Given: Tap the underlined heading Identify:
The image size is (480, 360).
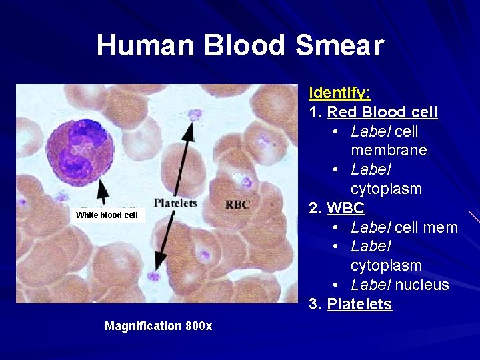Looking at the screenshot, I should pyautogui.click(x=340, y=93).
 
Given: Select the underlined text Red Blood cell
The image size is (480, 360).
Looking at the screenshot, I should pyautogui.click(x=382, y=112).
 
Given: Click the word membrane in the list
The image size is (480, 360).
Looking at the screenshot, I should pyautogui.click(x=389, y=150).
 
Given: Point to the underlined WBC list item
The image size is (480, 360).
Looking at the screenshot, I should pyautogui.click(x=345, y=207).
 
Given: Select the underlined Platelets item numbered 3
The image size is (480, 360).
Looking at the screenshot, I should pyautogui.click(x=359, y=305).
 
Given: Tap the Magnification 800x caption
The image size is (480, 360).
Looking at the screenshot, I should pyautogui.click(x=158, y=326).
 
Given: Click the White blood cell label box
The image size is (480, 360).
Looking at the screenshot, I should pyautogui.click(x=107, y=215).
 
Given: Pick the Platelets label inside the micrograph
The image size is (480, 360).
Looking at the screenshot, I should pyautogui.click(x=175, y=203).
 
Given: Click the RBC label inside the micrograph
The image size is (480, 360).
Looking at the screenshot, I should pyautogui.click(x=238, y=204).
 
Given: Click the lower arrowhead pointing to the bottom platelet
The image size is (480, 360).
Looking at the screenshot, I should pyautogui.click(x=160, y=260).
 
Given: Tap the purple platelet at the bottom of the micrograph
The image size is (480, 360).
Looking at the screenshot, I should pyautogui.click(x=155, y=276).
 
